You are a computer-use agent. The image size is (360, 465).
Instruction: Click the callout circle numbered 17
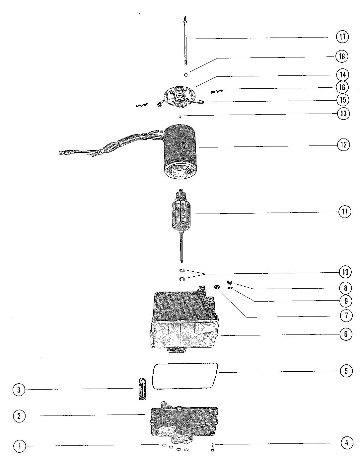click(342, 36)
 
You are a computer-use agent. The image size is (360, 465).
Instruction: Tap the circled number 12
click(343, 145)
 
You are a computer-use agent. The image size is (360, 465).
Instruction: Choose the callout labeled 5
click(346, 371)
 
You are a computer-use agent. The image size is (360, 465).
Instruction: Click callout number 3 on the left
click(19, 389)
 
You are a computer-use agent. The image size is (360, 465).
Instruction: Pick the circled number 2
click(19, 416)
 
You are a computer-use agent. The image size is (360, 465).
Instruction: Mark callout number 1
click(20, 446)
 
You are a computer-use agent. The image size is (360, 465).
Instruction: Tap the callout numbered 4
click(346, 443)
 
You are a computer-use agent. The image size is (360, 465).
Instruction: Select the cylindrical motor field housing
click(180, 149)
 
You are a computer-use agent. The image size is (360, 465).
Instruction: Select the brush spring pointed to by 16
click(218, 90)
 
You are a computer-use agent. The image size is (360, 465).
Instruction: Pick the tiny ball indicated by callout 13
click(180, 117)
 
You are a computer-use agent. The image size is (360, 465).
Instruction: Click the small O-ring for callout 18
click(186, 74)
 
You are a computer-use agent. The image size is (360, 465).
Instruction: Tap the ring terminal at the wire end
click(62, 153)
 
